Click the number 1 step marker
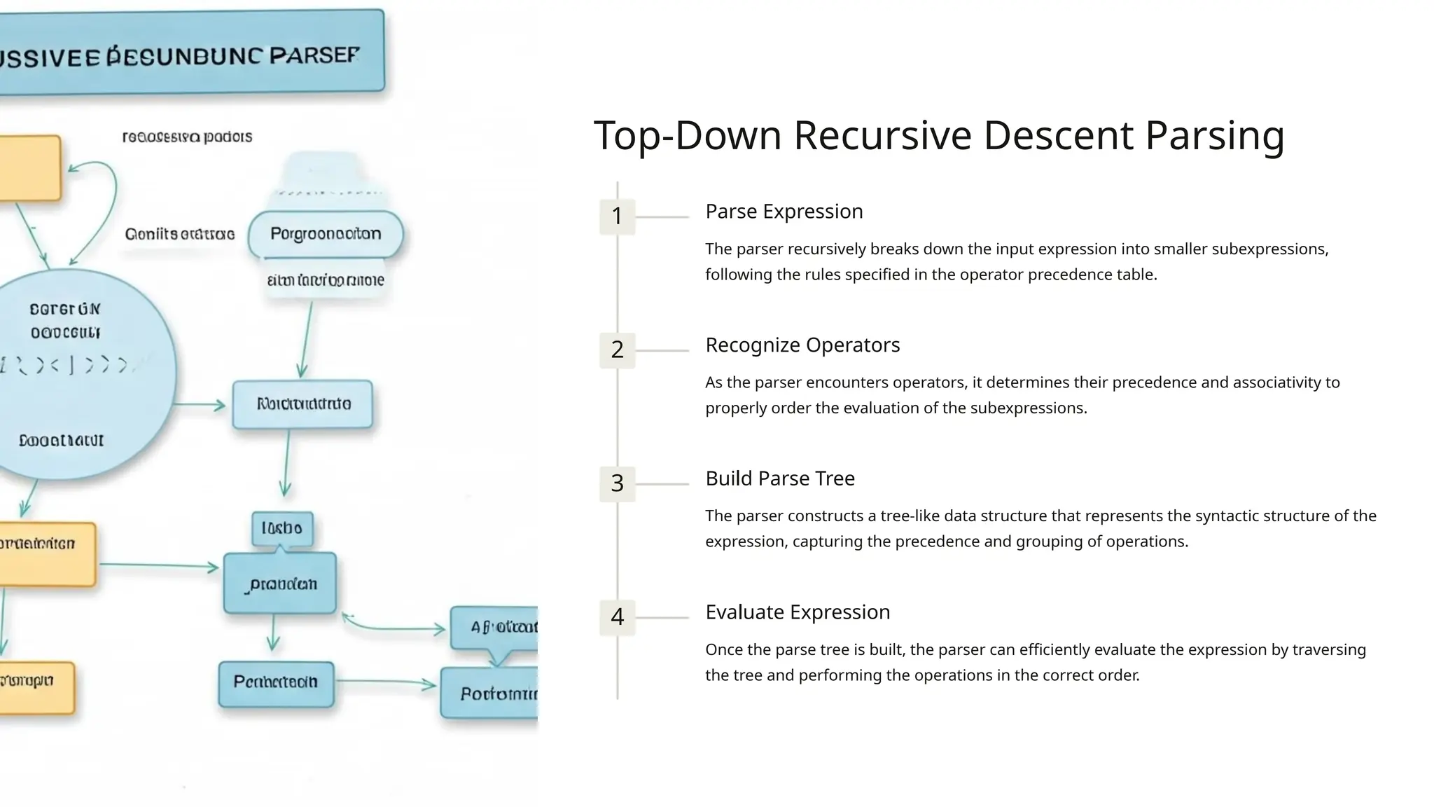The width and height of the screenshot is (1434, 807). (617, 216)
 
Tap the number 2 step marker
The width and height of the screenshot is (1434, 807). (617, 350)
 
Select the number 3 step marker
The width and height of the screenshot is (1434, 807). (617, 483)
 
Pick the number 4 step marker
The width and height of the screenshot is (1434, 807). (617, 617)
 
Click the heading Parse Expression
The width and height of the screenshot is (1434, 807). (784, 212)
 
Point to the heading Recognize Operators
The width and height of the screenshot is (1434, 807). (802, 345)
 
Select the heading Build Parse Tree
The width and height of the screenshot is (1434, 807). (779, 478)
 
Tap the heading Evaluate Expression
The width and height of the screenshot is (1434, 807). (798, 612)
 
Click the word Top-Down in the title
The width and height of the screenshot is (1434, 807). (688, 135)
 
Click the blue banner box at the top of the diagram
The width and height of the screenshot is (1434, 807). (189, 53)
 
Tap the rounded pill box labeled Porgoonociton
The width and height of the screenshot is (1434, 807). (326, 234)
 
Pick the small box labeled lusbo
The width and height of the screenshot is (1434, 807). (282, 528)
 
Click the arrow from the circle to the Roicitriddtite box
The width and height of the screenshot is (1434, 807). (200, 405)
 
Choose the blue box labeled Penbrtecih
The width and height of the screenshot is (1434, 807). (276, 682)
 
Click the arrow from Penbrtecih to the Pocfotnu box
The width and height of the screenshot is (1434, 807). (385, 682)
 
